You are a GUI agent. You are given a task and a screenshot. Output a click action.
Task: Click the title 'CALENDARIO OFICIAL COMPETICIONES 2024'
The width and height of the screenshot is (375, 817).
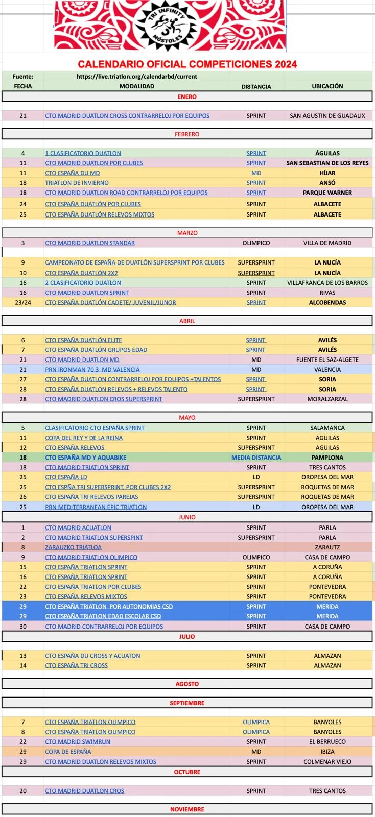(187, 64)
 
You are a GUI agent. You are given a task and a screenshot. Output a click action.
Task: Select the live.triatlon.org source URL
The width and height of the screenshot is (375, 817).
(136, 76)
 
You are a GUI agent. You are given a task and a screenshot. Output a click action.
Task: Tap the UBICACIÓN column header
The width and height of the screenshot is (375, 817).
(327, 86)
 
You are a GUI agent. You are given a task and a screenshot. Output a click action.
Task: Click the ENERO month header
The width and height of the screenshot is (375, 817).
(187, 97)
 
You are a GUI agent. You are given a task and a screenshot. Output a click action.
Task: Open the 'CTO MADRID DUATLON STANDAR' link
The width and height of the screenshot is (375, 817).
(90, 243)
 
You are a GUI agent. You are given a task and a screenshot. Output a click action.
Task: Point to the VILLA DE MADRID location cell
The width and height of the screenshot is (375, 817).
(327, 243)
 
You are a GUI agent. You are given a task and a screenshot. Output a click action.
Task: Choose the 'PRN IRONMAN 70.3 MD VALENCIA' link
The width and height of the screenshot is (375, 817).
(92, 370)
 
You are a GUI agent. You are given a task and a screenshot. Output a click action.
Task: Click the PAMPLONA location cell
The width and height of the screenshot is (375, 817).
(327, 458)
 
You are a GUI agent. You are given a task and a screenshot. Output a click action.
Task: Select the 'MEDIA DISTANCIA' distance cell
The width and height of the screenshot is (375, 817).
(256, 458)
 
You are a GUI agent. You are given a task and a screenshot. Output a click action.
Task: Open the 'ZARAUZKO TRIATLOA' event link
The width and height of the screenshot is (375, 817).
(73, 547)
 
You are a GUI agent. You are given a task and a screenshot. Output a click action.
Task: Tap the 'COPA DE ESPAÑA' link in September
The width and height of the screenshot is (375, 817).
(68, 752)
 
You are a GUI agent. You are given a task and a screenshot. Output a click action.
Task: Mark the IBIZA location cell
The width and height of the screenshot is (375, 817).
(327, 752)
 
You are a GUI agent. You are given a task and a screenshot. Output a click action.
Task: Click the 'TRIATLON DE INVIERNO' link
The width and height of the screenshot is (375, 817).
(77, 183)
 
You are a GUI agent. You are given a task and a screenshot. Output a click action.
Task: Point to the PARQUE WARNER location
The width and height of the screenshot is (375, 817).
(327, 193)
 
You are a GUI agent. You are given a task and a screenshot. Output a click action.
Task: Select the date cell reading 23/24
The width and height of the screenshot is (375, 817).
(23, 303)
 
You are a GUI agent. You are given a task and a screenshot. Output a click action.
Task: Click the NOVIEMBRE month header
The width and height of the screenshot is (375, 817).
(187, 809)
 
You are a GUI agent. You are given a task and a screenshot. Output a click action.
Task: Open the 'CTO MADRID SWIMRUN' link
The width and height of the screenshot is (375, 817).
(78, 742)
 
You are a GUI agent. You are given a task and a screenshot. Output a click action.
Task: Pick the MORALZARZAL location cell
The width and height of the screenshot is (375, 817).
(327, 399)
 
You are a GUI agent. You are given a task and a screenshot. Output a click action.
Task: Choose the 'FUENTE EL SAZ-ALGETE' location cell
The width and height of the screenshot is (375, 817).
(327, 360)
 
